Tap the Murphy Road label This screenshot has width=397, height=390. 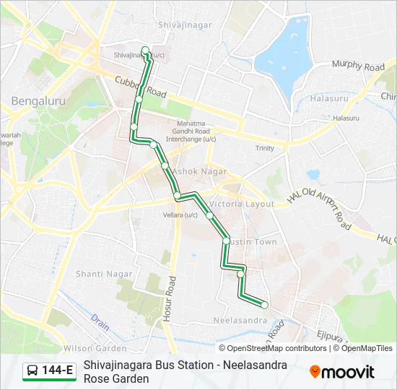(x=358, y=66)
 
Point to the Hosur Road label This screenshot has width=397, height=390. (x=172, y=303)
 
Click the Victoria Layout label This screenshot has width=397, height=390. (x=242, y=204)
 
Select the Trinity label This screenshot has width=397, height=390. (x=264, y=148)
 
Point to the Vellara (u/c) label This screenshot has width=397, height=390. (x=180, y=214)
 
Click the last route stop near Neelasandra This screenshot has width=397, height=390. (x=264, y=305)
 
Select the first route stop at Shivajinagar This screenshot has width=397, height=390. (x=146, y=51)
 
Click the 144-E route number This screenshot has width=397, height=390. (x=58, y=371)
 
